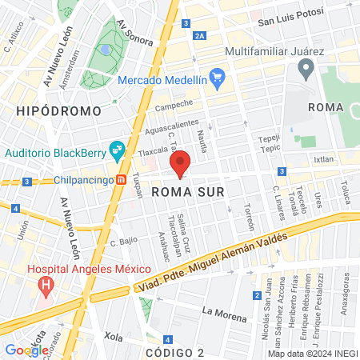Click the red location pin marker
coord(181,163)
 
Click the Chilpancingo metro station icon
coord(121,180)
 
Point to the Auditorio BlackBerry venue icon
coord(117,150)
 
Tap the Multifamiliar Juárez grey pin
coord(308,68)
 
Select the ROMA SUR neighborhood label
coord(183,192)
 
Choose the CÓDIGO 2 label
coord(177,352)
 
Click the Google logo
coord(26,350)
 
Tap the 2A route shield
coord(199,36)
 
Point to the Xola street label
coord(113,338)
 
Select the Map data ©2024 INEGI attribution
coord(311,354)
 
